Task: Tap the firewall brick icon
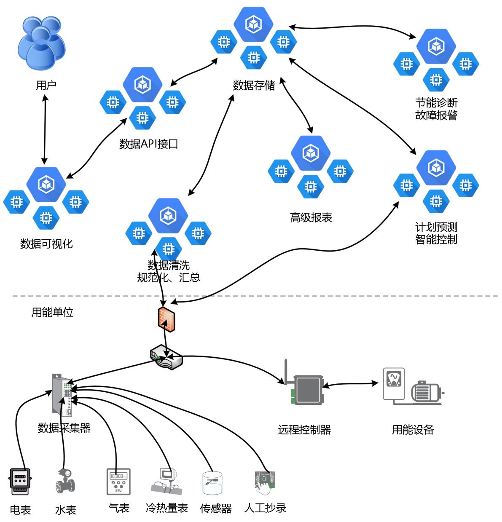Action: (167, 318)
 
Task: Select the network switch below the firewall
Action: (166, 357)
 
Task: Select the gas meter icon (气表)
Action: (118, 481)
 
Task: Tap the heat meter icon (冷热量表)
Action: (166, 481)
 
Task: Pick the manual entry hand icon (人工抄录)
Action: (265, 483)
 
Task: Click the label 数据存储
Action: (254, 86)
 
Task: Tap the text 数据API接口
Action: (149, 144)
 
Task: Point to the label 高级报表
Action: (311, 217)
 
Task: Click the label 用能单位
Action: (52, 312)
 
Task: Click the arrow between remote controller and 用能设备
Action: (350, 384)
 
